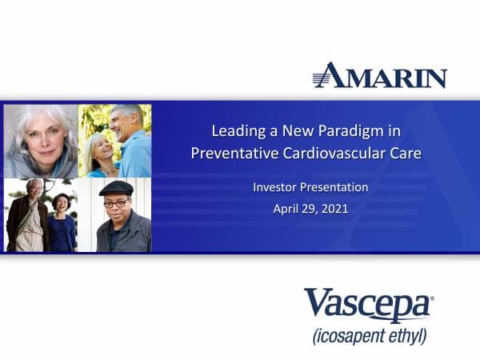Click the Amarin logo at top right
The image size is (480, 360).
(x=379, y=75)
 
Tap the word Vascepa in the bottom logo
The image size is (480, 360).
(x=367, y=306)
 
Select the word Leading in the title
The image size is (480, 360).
(x=236, y=130)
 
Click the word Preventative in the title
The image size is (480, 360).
(x=232, y=152)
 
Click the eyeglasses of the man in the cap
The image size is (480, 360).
(x=116, y=203)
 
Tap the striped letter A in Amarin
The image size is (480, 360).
(x=328, y=75)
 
